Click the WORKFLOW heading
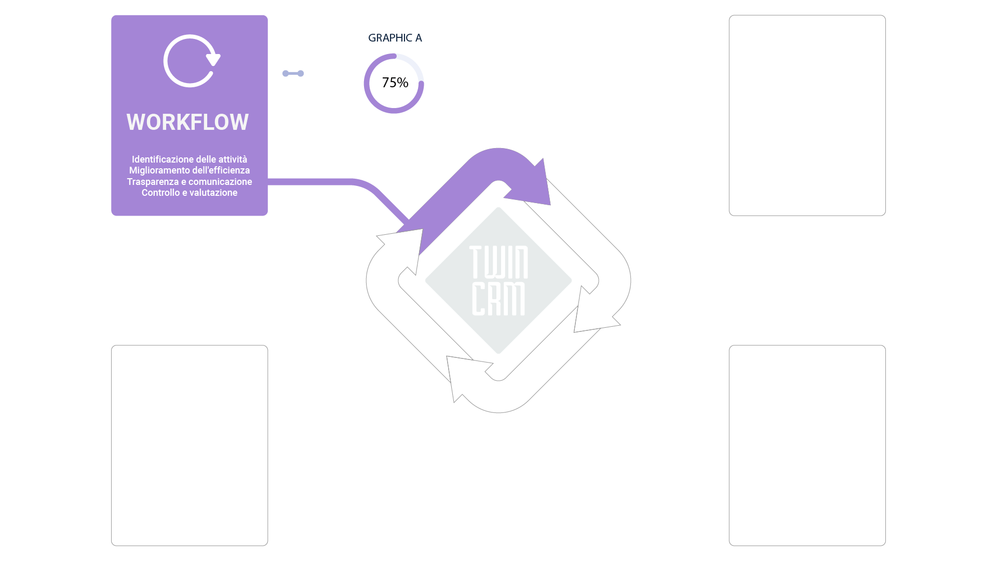[x=187, y=123]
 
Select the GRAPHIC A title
[x=395, y=38]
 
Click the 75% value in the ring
[x=395, y=83]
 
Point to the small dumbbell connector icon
[x=293, y=73]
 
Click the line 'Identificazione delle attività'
[x=189, y=159]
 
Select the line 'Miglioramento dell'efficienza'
[x=189, y=170]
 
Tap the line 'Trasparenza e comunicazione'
[x=189, y=182]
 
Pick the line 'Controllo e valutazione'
[x=189, y=193]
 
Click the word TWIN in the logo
[x=498, y=262]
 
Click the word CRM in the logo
[x=498, y=299]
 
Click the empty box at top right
[x=807, y=115]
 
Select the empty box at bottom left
[x=190, y=445]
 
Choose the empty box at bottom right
[x=807, y=445]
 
